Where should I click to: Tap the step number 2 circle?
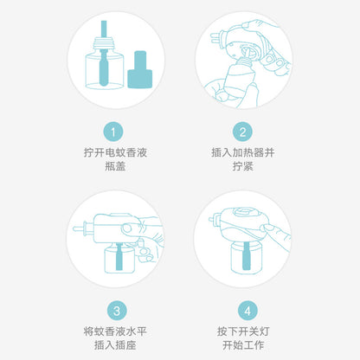245,132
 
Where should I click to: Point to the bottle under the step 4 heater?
241,260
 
